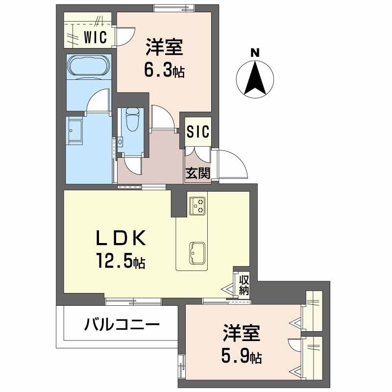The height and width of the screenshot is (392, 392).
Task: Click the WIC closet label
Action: [x=95, y=37]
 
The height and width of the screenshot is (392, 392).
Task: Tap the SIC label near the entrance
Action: [x=198, y=132]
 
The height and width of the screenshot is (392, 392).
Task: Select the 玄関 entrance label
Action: [x=198, y=173]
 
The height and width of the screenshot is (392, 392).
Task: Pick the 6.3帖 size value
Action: [x=164, y=72]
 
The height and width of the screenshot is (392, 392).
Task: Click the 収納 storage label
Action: [x=244, y=285]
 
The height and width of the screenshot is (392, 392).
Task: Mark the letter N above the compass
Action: [x=254, y=53]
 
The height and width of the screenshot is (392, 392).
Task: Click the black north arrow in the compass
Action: [x=255, y=78]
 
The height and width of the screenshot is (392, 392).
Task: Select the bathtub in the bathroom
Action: [x=89, y=66]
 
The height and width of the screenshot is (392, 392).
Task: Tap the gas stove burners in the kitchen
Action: [x=198, y=205]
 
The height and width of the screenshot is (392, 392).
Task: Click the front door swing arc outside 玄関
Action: [x=232, y=164]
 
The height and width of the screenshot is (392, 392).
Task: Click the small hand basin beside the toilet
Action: [x=120, y=142]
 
